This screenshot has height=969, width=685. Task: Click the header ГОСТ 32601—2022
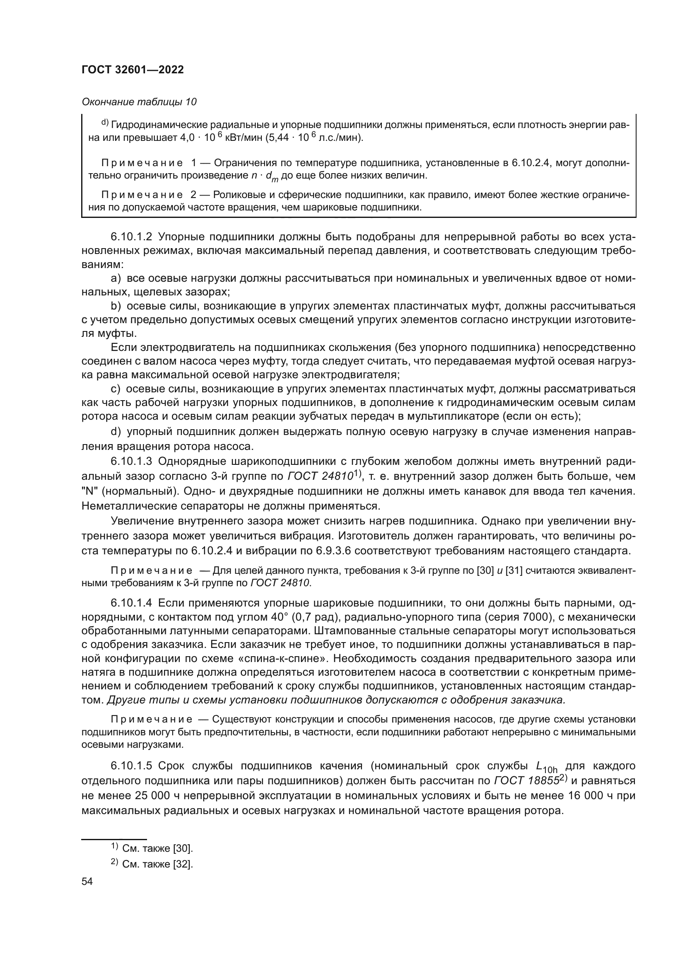tap(133, 70)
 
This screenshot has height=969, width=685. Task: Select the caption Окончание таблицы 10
tap(139, 102)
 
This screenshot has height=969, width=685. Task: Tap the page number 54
tap(87, 882)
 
